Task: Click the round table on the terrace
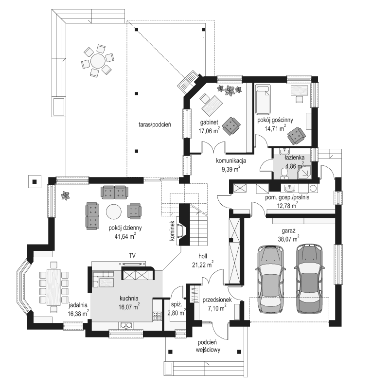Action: pos(98,61)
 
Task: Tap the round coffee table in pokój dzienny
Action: pos(114,212)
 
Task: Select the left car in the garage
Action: pos(270,279)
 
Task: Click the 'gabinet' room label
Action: pos(210,122)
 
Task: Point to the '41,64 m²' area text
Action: pos(125,236)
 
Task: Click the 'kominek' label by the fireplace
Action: pos(172,230)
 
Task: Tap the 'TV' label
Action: pos(132,255)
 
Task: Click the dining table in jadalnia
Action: pos(53,287)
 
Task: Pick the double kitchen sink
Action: pos(126,325)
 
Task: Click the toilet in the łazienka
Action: pos(283,173)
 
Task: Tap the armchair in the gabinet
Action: pos(231,126)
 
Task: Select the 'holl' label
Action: pos(203,256)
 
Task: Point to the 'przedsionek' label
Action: pos(217,300)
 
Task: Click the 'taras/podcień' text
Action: pos(155,124)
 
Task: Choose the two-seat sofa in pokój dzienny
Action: pos(114,193)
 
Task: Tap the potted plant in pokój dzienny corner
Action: pos(66,195)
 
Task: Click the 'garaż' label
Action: pos(288,230)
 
